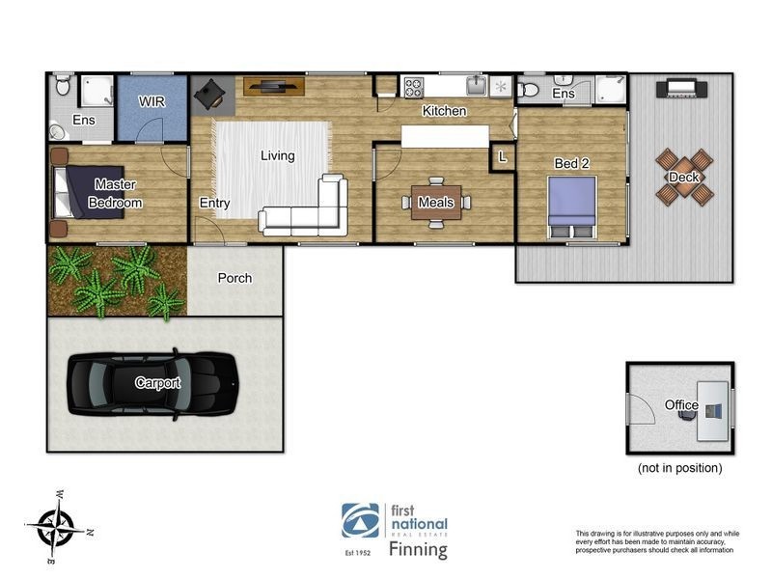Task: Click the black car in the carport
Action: [152, 383]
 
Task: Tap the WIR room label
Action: [152, 102]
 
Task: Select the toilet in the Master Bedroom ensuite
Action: [63, 84]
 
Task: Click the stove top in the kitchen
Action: [414, 88]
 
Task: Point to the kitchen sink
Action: [477, 86]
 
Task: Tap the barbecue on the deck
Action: [681, 89]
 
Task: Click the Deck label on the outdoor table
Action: [684, 178]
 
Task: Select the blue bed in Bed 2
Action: [571, 208]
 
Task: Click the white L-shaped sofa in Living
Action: [304, 207]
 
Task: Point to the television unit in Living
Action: [274, 87]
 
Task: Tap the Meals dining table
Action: [436, 203]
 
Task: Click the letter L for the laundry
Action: [502, 157]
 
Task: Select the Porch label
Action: [234, 278]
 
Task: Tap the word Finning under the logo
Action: [418, 549]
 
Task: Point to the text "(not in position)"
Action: [680, 468]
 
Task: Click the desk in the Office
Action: [712, 411]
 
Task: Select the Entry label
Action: [214, 203]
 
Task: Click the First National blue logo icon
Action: [360, 520]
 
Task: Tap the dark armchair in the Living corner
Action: [209, 94]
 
